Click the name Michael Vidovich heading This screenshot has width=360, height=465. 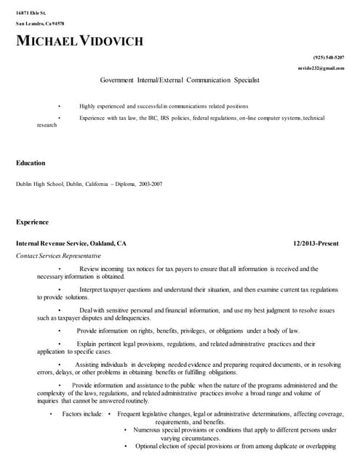point(80,41)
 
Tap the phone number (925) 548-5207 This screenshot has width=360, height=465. point(328,57)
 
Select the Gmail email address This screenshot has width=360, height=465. point(321,68)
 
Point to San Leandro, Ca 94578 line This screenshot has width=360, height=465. point(41,24)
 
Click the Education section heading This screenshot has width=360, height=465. point(31,163)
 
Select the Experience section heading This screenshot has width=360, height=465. point(33,222)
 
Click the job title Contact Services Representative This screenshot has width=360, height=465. point(58,256)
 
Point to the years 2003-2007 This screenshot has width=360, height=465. point(151,184)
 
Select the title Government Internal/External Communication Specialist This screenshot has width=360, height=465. point(180,80)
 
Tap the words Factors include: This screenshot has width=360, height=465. point(82,414)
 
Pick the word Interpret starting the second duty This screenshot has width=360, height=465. point(92,289)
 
